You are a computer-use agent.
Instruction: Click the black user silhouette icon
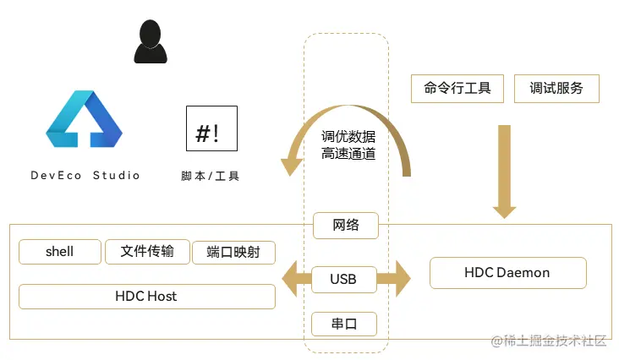point(148,42)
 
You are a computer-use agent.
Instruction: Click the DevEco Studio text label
point(85,176)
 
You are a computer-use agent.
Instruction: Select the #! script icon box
point(211,128)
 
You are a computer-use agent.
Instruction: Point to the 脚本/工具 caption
point(211,176)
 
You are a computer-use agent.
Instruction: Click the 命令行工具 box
point(457,88)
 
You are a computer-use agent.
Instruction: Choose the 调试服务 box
point(556,88)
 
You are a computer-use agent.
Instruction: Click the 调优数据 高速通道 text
point(348,145)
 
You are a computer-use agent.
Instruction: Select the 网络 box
point(345,225)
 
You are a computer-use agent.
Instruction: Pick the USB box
point(343,279)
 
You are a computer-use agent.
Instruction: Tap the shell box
point(59,252)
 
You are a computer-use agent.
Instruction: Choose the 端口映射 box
point(233,253)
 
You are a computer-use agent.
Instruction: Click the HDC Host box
point(146,297)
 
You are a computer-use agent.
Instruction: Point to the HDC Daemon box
point(507,273)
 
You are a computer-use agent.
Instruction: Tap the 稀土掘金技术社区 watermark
point(550,341)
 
